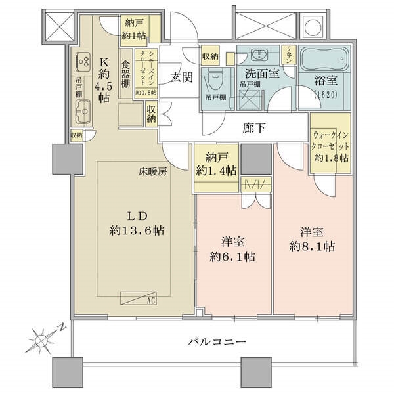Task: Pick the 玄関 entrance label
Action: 182,78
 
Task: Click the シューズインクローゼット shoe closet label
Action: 143,71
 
